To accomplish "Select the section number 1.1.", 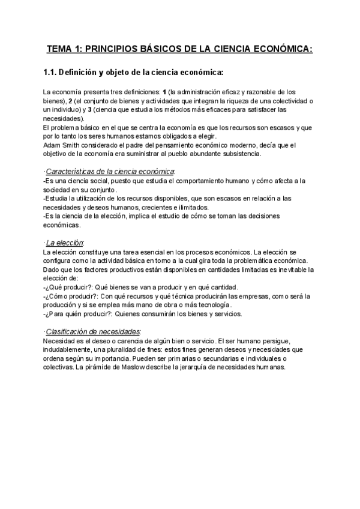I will (51, 73).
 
